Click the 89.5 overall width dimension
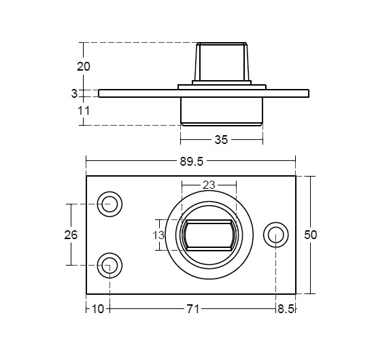pyautogui.click(x=192, y=162)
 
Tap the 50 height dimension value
pyautogui.click(x=311, y=235)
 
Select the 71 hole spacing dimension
pyautogui.click(x=192, y=309)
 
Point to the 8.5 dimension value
pyautogui.click(x=286, y=309)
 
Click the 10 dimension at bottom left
pyautogui.click(x=97, y=309)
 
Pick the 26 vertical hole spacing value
pyautogui.click(x=71, y=235)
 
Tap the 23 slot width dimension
pyautogui.click(x=209, y=185)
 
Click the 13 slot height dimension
pyautogui.click(x=158, y=235)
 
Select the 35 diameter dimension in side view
pyautogui.click(x=221, y=140)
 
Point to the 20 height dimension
pyautogui.click(x=83, y=67)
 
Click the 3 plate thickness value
pyautogui.click(x=74, y=94)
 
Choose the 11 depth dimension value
pyautogui.click(x=84, y=111)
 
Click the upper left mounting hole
pyautogui.click(x=109, y=204)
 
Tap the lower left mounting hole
pyautogui.click(x=109, y=266)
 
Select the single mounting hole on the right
pyautogui.click(x=276, y=235)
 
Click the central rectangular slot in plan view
pyautogui.click(x=209, y=235)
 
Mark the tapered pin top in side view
pyautogui.click(x=222, y=62)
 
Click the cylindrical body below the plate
pyautogui.click(x=222, y=111)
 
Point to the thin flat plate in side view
pyautogui.click(x=204, y=94)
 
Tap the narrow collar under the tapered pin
pyautogui.click(x=222, y=83)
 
